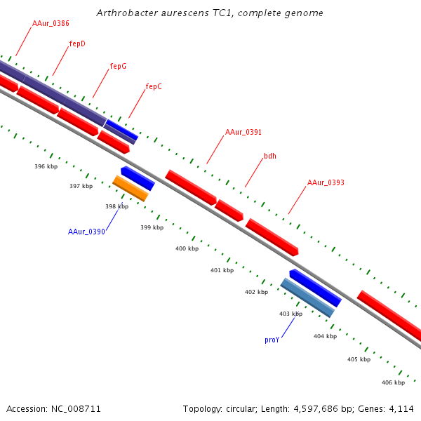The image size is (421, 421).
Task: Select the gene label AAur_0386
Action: click(x=51, y=24)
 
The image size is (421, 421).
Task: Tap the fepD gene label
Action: click(x=77, y=44)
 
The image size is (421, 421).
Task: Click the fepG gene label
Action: click(x=118, y=66)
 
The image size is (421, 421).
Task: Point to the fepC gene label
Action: click(x=154, y=86)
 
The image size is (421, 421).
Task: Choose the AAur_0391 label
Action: click(x=243, y=132)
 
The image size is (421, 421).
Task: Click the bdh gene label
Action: click(x=270, y=156)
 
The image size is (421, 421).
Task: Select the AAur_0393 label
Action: click(x=326, y=182)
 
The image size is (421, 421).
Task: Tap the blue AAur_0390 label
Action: click(x=86, y=232)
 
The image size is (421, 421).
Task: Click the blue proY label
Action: click(x=272, y=340)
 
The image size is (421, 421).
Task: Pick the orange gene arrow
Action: click(x=131, y=189)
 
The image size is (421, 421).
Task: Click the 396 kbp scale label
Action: click(x=46, y=166)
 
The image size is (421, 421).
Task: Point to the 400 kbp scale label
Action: click(x=187, y=248)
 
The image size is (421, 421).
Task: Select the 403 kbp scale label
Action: click(x=290, y=314)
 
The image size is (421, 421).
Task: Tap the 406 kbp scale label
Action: click(x=393, y=382)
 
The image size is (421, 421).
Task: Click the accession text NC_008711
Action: click(x=54, y=408)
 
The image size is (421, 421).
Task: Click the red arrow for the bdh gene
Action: click(x=229, y=210)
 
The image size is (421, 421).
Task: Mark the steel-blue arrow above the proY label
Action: click(x=307, y=297)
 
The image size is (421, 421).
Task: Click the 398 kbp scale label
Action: click(x=116, y=206)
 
